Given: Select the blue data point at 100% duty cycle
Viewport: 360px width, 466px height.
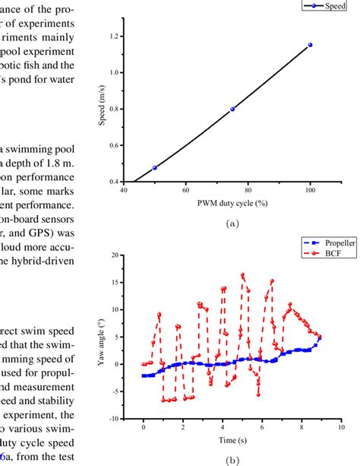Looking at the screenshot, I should [x=310, y=45].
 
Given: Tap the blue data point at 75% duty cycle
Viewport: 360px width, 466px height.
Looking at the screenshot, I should [x=232, y=109].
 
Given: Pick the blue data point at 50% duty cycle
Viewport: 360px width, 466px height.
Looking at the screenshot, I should [x=155, y=167].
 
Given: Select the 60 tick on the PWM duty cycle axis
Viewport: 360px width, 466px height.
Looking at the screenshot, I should [x=186, y=193].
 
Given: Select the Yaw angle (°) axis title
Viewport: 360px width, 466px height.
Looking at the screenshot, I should [x=98, y=336].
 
